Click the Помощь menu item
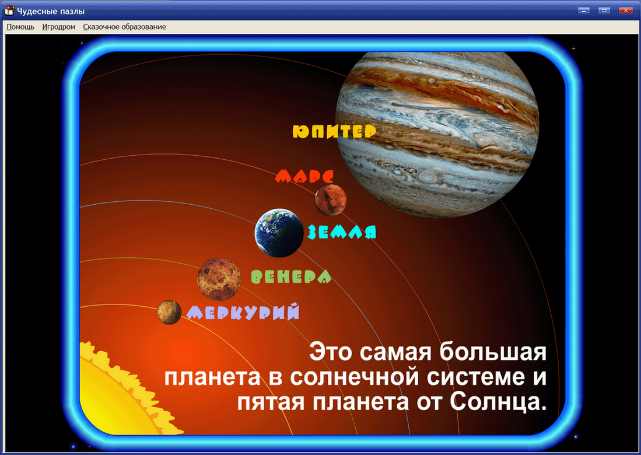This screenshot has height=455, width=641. click(x=20, y=27)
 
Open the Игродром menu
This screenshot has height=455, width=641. click(x=59, y=27)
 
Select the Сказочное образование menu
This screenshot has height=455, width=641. click(x=124, y=27)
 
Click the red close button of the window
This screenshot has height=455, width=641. click(x=625, y=10)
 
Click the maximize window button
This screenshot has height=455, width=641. click(x=605, y=10)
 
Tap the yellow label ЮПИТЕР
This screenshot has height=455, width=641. click(x=334, y=131)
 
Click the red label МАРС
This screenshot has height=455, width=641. click(x=304, y=176)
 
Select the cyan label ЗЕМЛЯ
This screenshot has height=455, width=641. click(x=341, y=232)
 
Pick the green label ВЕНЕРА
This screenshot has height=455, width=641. click(x=290, y=276)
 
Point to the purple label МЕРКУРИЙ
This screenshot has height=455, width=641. click(x=243, y=312)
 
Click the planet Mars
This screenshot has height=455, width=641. click(x=331, y=200)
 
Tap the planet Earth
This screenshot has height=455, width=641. click(x=279, y=233)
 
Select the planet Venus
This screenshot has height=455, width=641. click(x=219, y=278)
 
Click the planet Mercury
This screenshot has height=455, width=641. click(x=169, y=312)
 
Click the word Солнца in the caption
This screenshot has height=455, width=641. click(x=499, y=402)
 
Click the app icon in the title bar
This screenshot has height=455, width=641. click(x=10, y=10)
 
